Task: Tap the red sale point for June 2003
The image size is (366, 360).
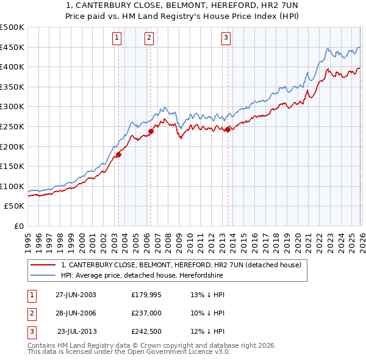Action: pos(119,154)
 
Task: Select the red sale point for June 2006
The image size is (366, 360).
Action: pos(151,131)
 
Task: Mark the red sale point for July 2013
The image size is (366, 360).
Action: pos(228,129)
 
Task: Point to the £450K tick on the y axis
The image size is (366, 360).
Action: pos(12,48)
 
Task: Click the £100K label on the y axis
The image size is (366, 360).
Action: pos(12,186)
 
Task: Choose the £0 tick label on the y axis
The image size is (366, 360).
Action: pos(18,226)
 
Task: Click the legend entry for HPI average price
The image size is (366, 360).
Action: pos(142,276)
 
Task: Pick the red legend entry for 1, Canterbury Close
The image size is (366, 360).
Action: pos(181,265)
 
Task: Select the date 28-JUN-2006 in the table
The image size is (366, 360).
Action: pos(76,313)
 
